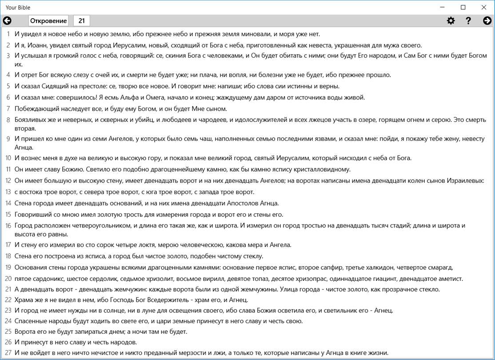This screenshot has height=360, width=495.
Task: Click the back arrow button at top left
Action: point(7,20)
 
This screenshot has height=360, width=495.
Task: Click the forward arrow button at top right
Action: point(487,20)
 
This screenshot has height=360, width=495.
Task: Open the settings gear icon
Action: point(451,20)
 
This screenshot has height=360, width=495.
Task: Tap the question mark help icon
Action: point(468,20)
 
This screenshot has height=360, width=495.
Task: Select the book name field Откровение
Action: point(48,20)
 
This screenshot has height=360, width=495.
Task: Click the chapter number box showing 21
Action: point(82,20)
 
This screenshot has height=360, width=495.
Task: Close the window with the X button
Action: point(484,7)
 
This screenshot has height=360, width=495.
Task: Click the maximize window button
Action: point(463,7)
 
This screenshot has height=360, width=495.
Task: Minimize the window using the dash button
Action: point(443,7)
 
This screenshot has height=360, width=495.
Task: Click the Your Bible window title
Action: point(18,8)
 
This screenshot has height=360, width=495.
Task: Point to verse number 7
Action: point(8,109)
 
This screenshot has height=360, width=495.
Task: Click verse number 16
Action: point(8,226)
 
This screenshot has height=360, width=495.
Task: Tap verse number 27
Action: point(8,353)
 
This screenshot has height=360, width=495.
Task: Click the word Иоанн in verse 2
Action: point(39,45)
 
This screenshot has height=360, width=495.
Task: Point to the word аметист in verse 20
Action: point(449,279)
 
